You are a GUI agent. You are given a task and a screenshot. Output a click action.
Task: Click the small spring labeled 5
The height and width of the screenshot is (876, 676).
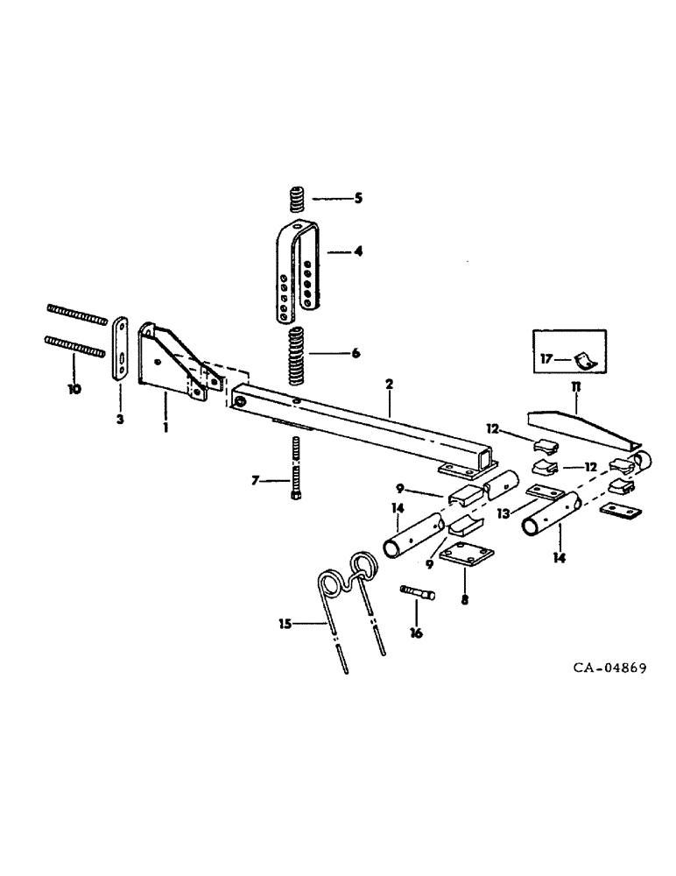[295, 199]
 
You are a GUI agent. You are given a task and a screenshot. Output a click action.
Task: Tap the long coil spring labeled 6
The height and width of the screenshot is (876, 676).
[296, 354]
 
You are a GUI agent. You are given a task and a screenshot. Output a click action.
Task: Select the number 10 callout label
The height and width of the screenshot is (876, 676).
[74, 388]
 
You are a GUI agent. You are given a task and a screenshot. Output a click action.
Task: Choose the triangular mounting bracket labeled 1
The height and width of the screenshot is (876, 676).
[171, 358]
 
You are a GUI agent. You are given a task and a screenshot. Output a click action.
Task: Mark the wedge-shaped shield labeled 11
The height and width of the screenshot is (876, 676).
[578, 433]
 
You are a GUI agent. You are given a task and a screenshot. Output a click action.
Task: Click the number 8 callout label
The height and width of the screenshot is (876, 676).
[465, 602]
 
